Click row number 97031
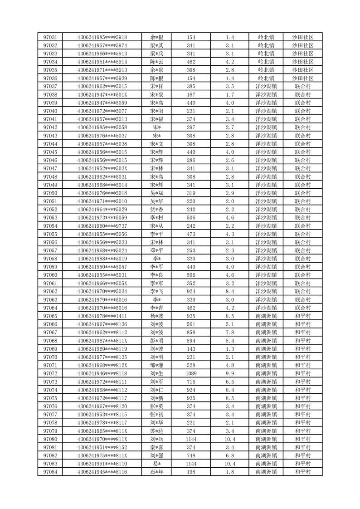pyautogui.click(x=50, y=37)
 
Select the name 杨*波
pyautogui.click(x=157, y=316)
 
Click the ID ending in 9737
pyautogui.click(x=102, y=226)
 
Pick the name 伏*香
pyautogui.click(x=157, y=210)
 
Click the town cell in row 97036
pyautogui.click(x=267, y=78)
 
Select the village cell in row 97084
pyautogui.click(x=302, y=472)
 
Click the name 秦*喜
pyautogui.click(x=157, y=447)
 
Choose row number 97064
pyautogui.click(x=50, y=308)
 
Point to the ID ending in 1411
pyautogui.click(x=102, y=316)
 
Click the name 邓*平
pyautogui.click(x=157, y=250)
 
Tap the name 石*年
pyautogui.click(x=157, y=472)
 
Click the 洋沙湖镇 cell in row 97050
pyautogui.click(x=267, y=193)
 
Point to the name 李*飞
pyautogui.click(x=157, y=291)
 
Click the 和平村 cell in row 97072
pyautogui.click(x=302, y=373)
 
